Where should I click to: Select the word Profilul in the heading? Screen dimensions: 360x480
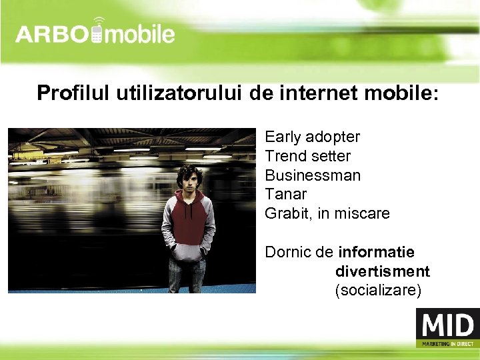pyautogui.click(x=73, y=93)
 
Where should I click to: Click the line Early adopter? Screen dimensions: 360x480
pyautogui.click(x=312, y=137)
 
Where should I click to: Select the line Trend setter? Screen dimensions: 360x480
pyautogui.click(x=307, y=157)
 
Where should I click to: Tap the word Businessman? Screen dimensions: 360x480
pyautogui.click(x=313, y=176)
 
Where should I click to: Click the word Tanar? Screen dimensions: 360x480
pyautogui.click(x=285, y=195)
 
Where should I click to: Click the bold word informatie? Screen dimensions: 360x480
pyautogui.click(x=376, y=253)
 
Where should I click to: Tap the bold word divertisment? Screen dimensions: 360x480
pyautogui.click(x=382, y=272)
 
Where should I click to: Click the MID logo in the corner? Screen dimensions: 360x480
pyautogui.click(x=447, y=327)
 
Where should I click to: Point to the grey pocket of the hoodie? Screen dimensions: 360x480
pyautogui.click(x=189, y=251)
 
